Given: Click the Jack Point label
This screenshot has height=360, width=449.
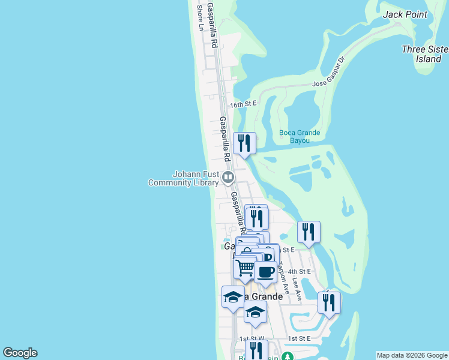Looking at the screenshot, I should (405, 14).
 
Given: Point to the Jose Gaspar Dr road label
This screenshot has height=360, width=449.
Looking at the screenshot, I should (329, 76).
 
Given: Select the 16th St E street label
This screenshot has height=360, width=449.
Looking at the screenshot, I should (245, 104).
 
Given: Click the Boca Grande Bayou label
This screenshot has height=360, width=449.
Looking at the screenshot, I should (300, 137).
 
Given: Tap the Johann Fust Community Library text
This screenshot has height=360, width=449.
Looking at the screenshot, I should (184, 178).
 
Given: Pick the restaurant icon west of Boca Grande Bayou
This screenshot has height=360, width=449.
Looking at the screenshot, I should (244, 143).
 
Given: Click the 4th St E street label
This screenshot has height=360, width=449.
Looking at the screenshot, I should (300, 271).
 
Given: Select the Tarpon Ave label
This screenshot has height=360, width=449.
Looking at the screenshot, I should (285, 280).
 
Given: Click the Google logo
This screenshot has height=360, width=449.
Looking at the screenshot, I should (20, 353).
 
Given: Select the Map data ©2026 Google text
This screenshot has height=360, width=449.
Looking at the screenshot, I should (411, 355).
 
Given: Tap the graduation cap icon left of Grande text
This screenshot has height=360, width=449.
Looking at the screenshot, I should (234, 297).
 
